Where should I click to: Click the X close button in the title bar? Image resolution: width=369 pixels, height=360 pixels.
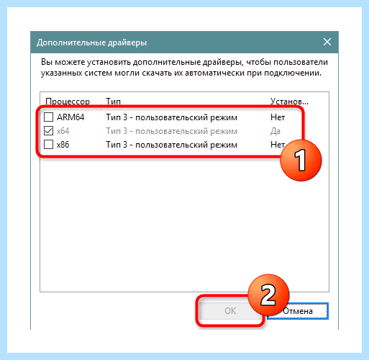pos(327,42)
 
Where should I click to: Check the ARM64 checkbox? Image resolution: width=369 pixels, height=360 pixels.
pos(48,117)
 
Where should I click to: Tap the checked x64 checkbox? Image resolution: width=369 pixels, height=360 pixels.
pos(48,131)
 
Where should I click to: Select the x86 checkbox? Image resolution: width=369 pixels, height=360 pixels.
pos(48,145)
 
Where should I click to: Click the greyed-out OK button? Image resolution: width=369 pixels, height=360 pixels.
pos(229,311)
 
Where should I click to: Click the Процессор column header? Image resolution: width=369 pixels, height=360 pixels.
pos(68,102)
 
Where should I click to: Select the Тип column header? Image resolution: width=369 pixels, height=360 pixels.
pos(113,102)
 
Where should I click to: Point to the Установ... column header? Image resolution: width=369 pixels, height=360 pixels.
pos(289,102)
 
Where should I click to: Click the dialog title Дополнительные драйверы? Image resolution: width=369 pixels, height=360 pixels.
pos(91,42)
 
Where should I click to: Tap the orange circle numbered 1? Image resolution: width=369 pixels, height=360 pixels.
pos(301,161)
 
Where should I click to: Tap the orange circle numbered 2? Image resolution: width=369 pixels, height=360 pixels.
pos(268,295)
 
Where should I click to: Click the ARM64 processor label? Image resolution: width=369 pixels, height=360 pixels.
pos(70,117)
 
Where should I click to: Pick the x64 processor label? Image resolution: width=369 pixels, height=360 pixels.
pos(63,131)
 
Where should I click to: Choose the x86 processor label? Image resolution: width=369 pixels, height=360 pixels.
pos(63,145)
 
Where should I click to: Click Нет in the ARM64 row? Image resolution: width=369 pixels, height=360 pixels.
pos(278,117)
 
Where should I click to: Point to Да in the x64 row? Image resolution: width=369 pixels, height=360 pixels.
pos(275,131)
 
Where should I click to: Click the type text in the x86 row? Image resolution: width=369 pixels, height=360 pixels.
pos(172,145)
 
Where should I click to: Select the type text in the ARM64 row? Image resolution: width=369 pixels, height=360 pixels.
pos(172,117)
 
